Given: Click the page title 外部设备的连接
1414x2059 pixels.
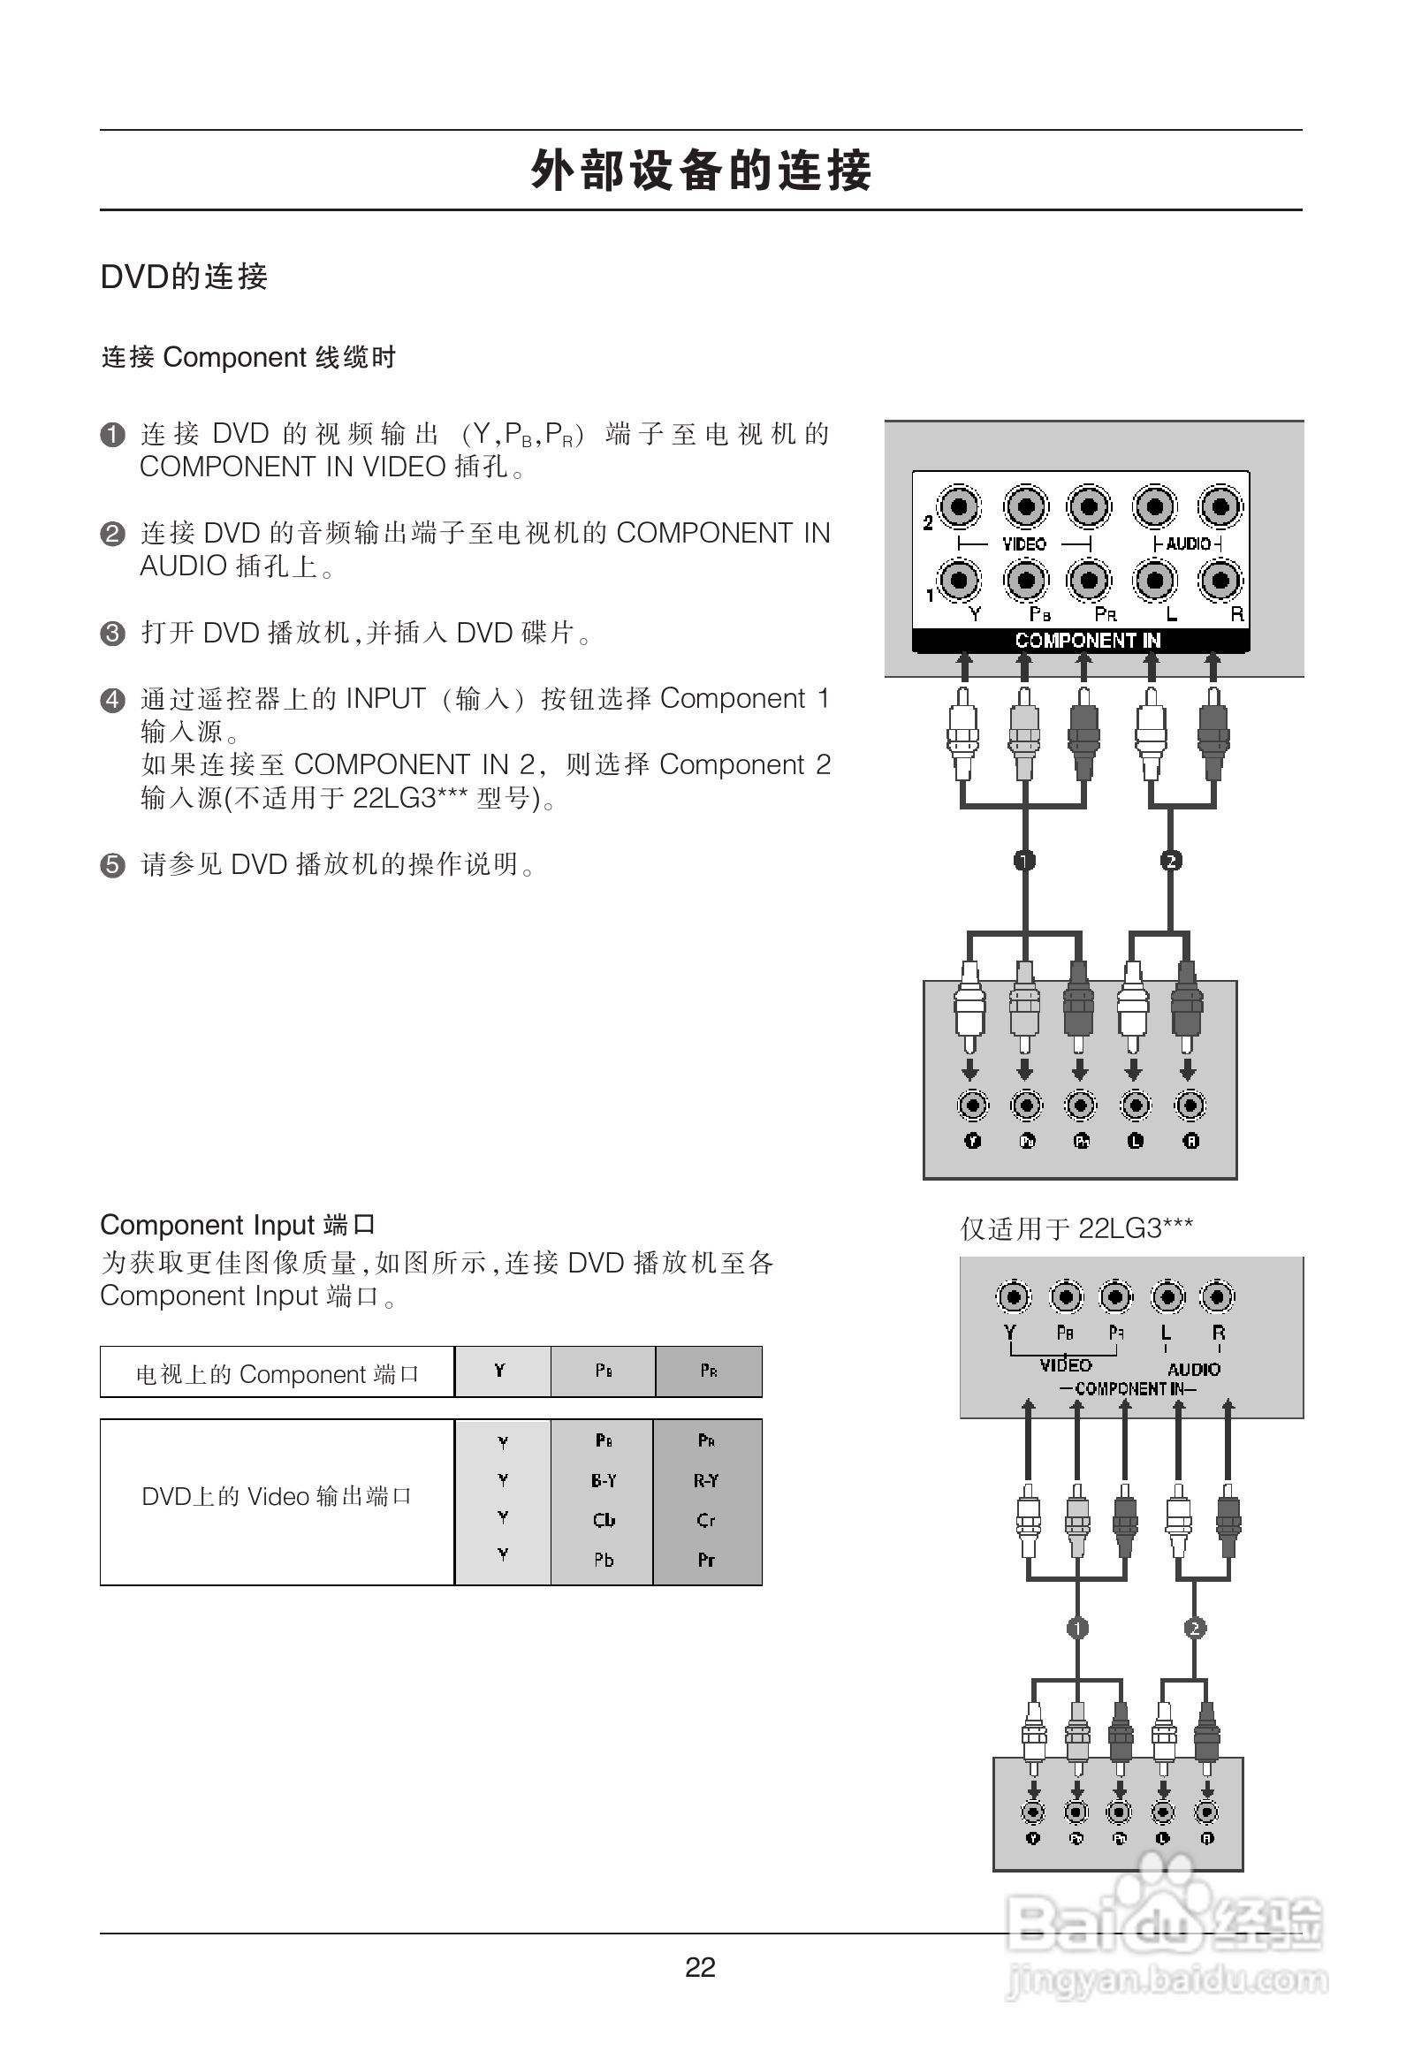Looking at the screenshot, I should (x=701, y=170).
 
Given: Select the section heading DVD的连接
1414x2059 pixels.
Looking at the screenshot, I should (x=184, y=277).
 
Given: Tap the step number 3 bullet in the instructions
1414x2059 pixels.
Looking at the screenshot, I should (x=112, y=634).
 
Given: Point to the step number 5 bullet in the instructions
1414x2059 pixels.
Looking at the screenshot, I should (x=112, y=865).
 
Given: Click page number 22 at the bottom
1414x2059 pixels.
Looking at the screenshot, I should (x=700, y=1967).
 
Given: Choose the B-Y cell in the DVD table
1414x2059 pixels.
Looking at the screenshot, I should (x=604, y=1480).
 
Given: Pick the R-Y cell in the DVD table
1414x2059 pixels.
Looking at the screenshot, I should (x=706, y=1480).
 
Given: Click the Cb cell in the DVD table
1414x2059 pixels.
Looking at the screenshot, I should (x=604, y=1520).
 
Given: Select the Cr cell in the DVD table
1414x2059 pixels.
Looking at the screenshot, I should (x=706, y=1520).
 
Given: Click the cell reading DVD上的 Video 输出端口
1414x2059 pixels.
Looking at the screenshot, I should (x=277, y=1496).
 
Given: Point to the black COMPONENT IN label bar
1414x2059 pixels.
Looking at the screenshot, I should (x=1081, y=640).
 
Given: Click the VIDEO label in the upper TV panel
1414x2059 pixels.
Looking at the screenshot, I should (x=1024, y=544).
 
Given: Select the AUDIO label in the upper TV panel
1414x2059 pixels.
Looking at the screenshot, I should (x=1188, y=544).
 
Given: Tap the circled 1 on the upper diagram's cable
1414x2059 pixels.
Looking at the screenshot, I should (x=1025, y=861).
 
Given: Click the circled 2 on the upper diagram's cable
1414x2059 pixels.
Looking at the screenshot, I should (x=1171, y=861).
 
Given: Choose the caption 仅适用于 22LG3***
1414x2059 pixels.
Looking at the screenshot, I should (x=1076, y=1229).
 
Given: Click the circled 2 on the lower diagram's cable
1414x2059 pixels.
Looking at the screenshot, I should (x=1195, y=1628).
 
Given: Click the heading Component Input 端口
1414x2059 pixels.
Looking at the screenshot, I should (x=238, y=1226).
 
